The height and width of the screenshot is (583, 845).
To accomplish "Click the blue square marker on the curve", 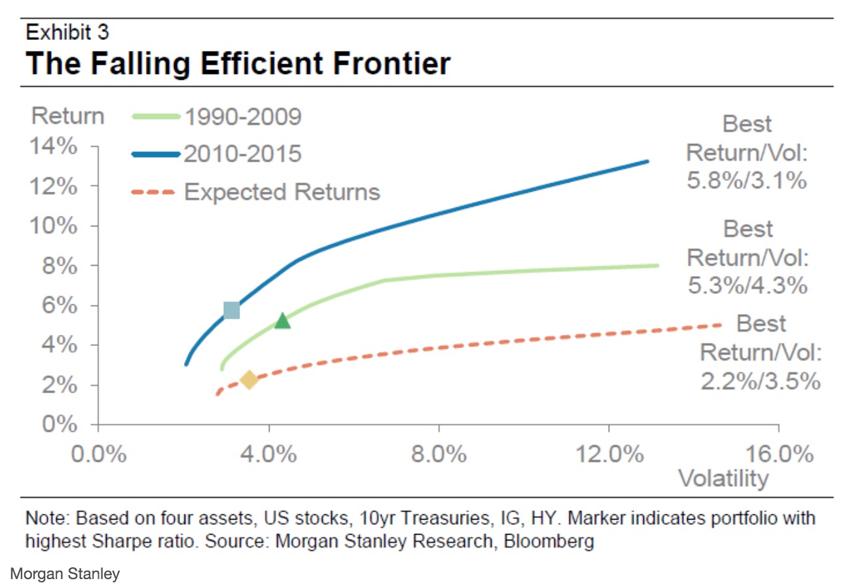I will [x=231, y=310].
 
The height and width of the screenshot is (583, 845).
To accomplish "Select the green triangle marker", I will [x=282, y=320].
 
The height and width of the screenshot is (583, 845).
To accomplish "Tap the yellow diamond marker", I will [x=249, y=380].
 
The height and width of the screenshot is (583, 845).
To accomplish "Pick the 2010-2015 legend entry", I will [x=242, y=154].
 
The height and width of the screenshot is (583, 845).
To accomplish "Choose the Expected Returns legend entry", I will [x=281, y=192].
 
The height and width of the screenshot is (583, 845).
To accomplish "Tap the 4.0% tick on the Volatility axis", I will [x=269, y=454].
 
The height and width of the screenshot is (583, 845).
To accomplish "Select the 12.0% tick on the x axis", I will [x=609, y=454].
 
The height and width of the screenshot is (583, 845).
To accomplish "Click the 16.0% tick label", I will [x=779, y=454].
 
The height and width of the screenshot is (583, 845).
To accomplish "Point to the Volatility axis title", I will [x=723, y=478].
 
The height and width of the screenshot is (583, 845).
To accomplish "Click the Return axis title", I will [x=67, y=116].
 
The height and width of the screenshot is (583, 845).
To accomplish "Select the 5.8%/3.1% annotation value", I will [x=746, y=180].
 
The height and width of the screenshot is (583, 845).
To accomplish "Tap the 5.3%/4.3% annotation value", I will [x=746, y=285].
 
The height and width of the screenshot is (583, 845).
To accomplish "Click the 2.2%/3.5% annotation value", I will [x=760, y=380].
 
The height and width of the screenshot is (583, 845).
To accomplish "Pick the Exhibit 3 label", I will [x=67, y=31].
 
